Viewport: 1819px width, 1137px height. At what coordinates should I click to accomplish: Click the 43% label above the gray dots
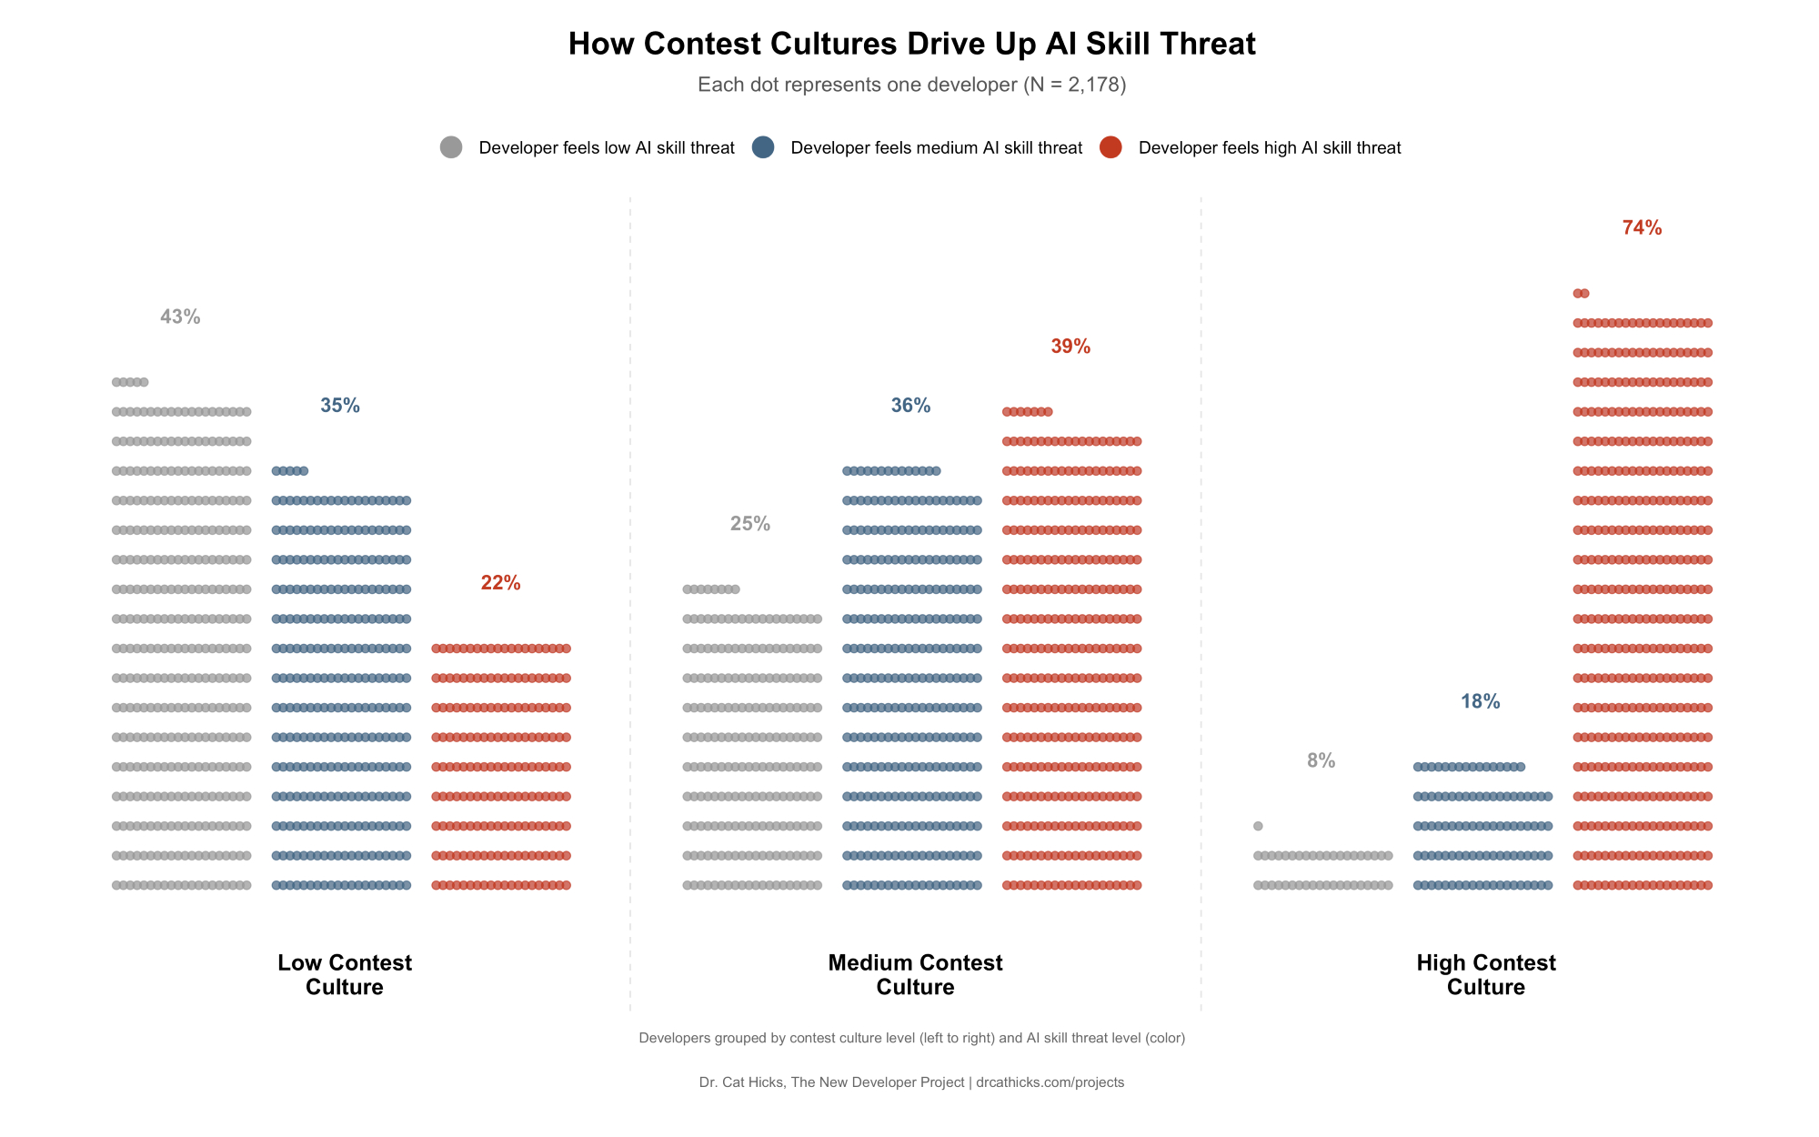180,317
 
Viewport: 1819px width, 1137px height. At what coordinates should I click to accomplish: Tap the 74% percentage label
1642,227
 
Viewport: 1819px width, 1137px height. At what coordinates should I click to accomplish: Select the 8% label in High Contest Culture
1321,760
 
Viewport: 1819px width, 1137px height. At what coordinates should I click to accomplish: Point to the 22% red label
500,583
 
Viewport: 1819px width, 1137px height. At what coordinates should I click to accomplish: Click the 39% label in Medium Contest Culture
1070,347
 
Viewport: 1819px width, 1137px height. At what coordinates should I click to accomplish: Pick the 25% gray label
750,524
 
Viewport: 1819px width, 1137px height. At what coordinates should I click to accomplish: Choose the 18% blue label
1480,701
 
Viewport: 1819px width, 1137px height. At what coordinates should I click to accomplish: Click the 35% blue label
340,406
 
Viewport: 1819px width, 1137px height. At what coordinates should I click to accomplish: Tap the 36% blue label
910,406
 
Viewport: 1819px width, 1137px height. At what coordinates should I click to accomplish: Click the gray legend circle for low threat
451,147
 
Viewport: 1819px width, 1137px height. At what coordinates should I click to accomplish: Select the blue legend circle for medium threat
763,147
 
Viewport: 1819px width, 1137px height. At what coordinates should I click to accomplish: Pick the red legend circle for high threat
1110,147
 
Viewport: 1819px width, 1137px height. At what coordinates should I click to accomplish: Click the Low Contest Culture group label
345,974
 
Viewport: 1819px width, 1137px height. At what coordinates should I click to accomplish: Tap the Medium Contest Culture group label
915,974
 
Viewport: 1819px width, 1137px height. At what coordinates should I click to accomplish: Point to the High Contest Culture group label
1486,974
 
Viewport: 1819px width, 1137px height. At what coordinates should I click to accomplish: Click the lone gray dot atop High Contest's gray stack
1258,826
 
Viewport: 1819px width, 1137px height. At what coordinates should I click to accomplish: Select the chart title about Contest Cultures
911,44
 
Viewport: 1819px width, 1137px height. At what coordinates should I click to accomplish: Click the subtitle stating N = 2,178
911,85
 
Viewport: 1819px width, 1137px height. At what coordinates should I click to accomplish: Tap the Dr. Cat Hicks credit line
911,1082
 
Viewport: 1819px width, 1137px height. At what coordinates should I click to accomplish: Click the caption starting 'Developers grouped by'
911,1038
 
